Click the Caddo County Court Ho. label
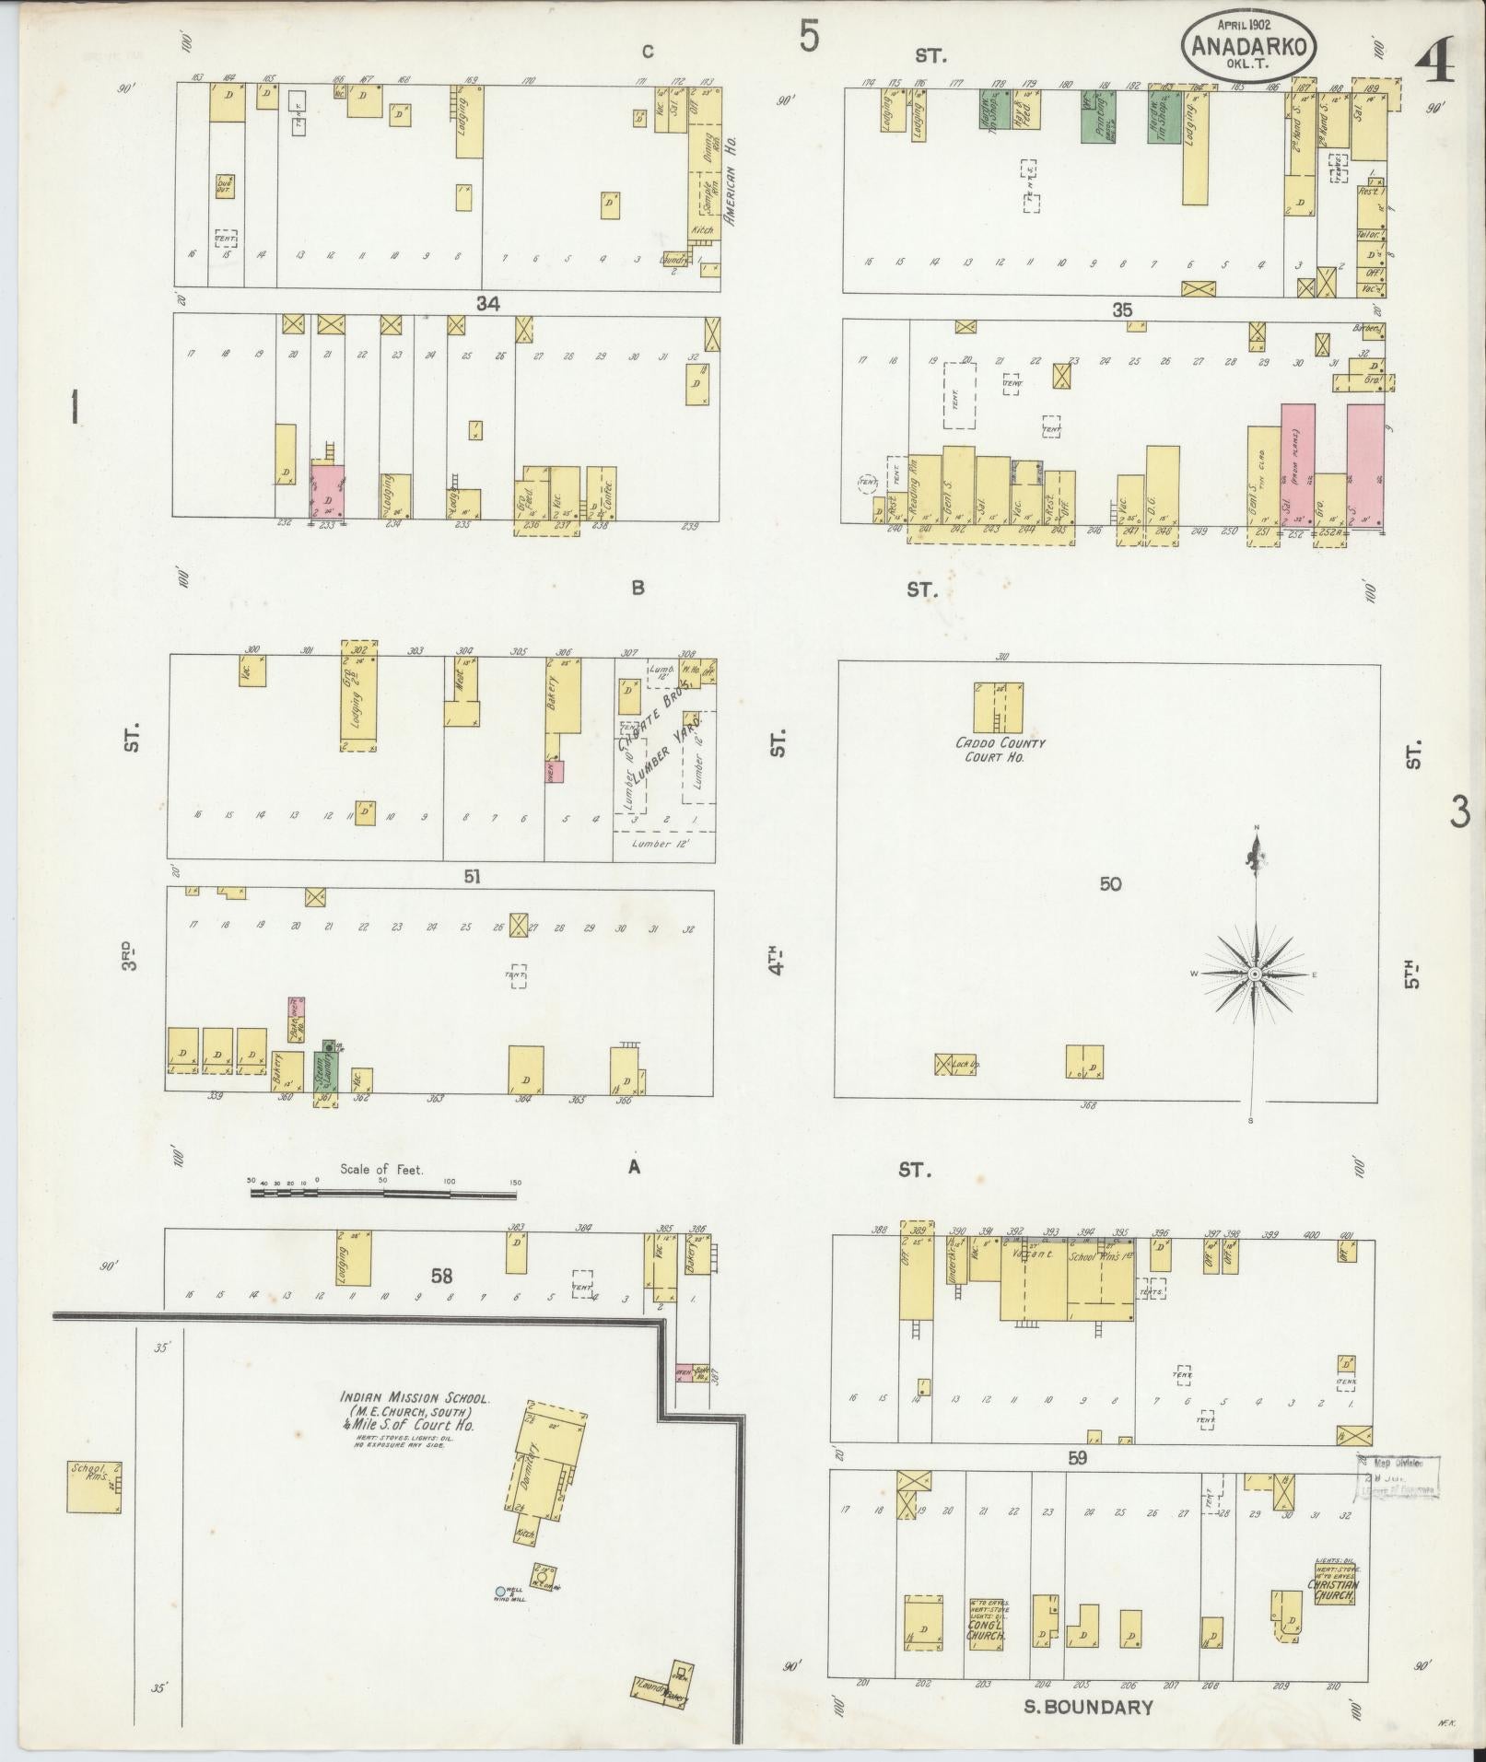click(999, 749)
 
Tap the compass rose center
click(1254, 974)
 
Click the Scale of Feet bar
click(382, 1194)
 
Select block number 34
click(487, 303)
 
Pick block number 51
click(472, 877)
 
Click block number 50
click(1110, 884)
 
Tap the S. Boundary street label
click(1088, 1707)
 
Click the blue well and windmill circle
click(500, 1591)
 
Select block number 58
click(442, 1276)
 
